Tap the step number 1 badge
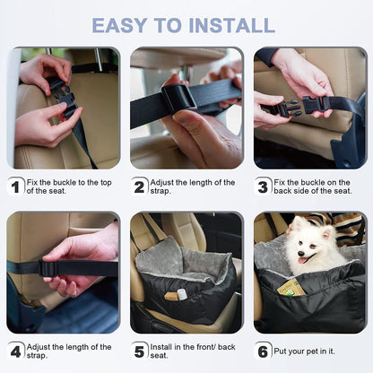15,186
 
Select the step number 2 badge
139,186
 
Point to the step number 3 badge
263,186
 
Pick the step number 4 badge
15,351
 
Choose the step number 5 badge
139,351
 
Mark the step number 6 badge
263,351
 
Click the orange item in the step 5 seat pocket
169,293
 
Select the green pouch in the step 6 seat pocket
292,288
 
